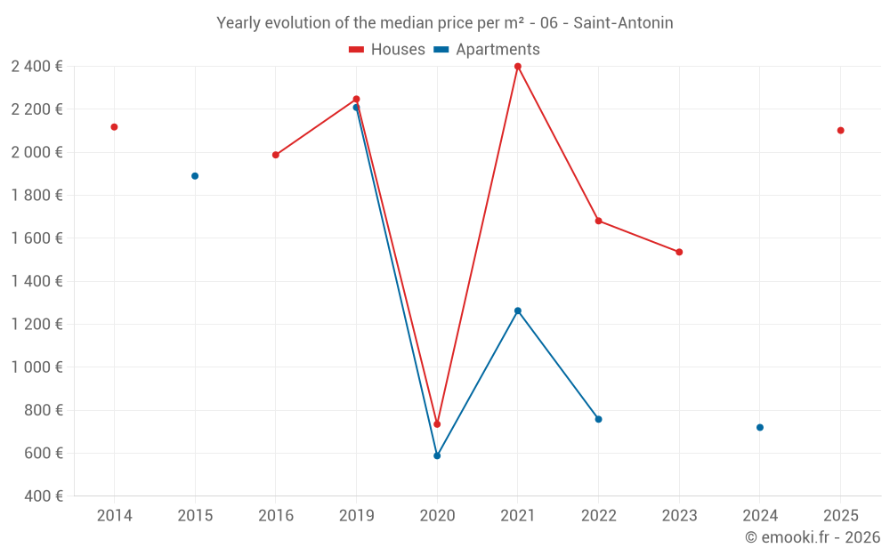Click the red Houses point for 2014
(114, 127)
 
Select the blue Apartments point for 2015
(195, 176)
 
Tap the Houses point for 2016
(276, 155)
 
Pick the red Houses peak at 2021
(518, 67)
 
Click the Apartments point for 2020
(437, 455)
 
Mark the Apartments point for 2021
(518, 310)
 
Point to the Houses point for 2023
(679, 252)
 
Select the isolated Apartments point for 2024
(760, 427)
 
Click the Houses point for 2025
(840, 131)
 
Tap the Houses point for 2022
(598, 221)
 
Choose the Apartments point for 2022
(598, 419)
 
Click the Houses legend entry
(387, 50)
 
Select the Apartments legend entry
(487, 50)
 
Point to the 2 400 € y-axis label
(36, 67)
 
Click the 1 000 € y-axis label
(36, 367)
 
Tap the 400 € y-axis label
(43, 496)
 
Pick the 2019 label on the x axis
(356, 516)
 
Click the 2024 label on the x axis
(760, 516)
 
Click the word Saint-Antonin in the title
(623, 23)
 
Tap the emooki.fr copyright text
(813, 537)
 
